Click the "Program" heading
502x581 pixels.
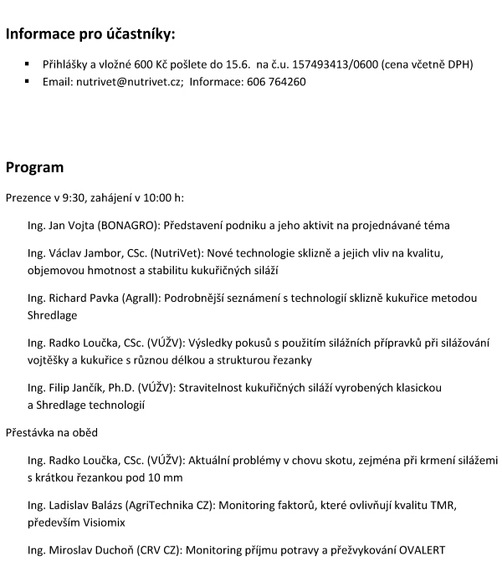pos(34,167)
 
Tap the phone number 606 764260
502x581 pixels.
pos(275,82)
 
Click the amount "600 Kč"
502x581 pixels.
pos(134,64)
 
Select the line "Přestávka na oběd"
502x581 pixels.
pos(52,432)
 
